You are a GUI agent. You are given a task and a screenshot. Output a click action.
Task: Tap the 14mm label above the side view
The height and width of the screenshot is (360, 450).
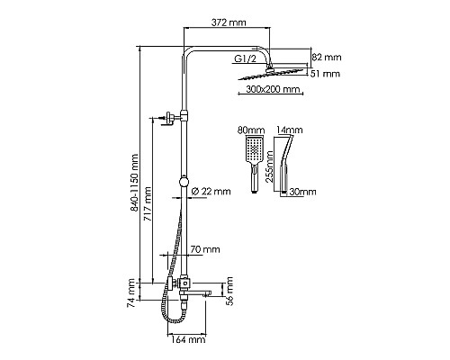(289, 130)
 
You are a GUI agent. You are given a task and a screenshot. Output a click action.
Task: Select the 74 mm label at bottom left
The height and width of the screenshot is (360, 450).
(133, 293)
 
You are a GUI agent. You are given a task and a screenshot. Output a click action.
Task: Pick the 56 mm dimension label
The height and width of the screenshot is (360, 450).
(226, 293)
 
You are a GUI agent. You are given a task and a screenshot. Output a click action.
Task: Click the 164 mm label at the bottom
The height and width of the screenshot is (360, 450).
(186, 339)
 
